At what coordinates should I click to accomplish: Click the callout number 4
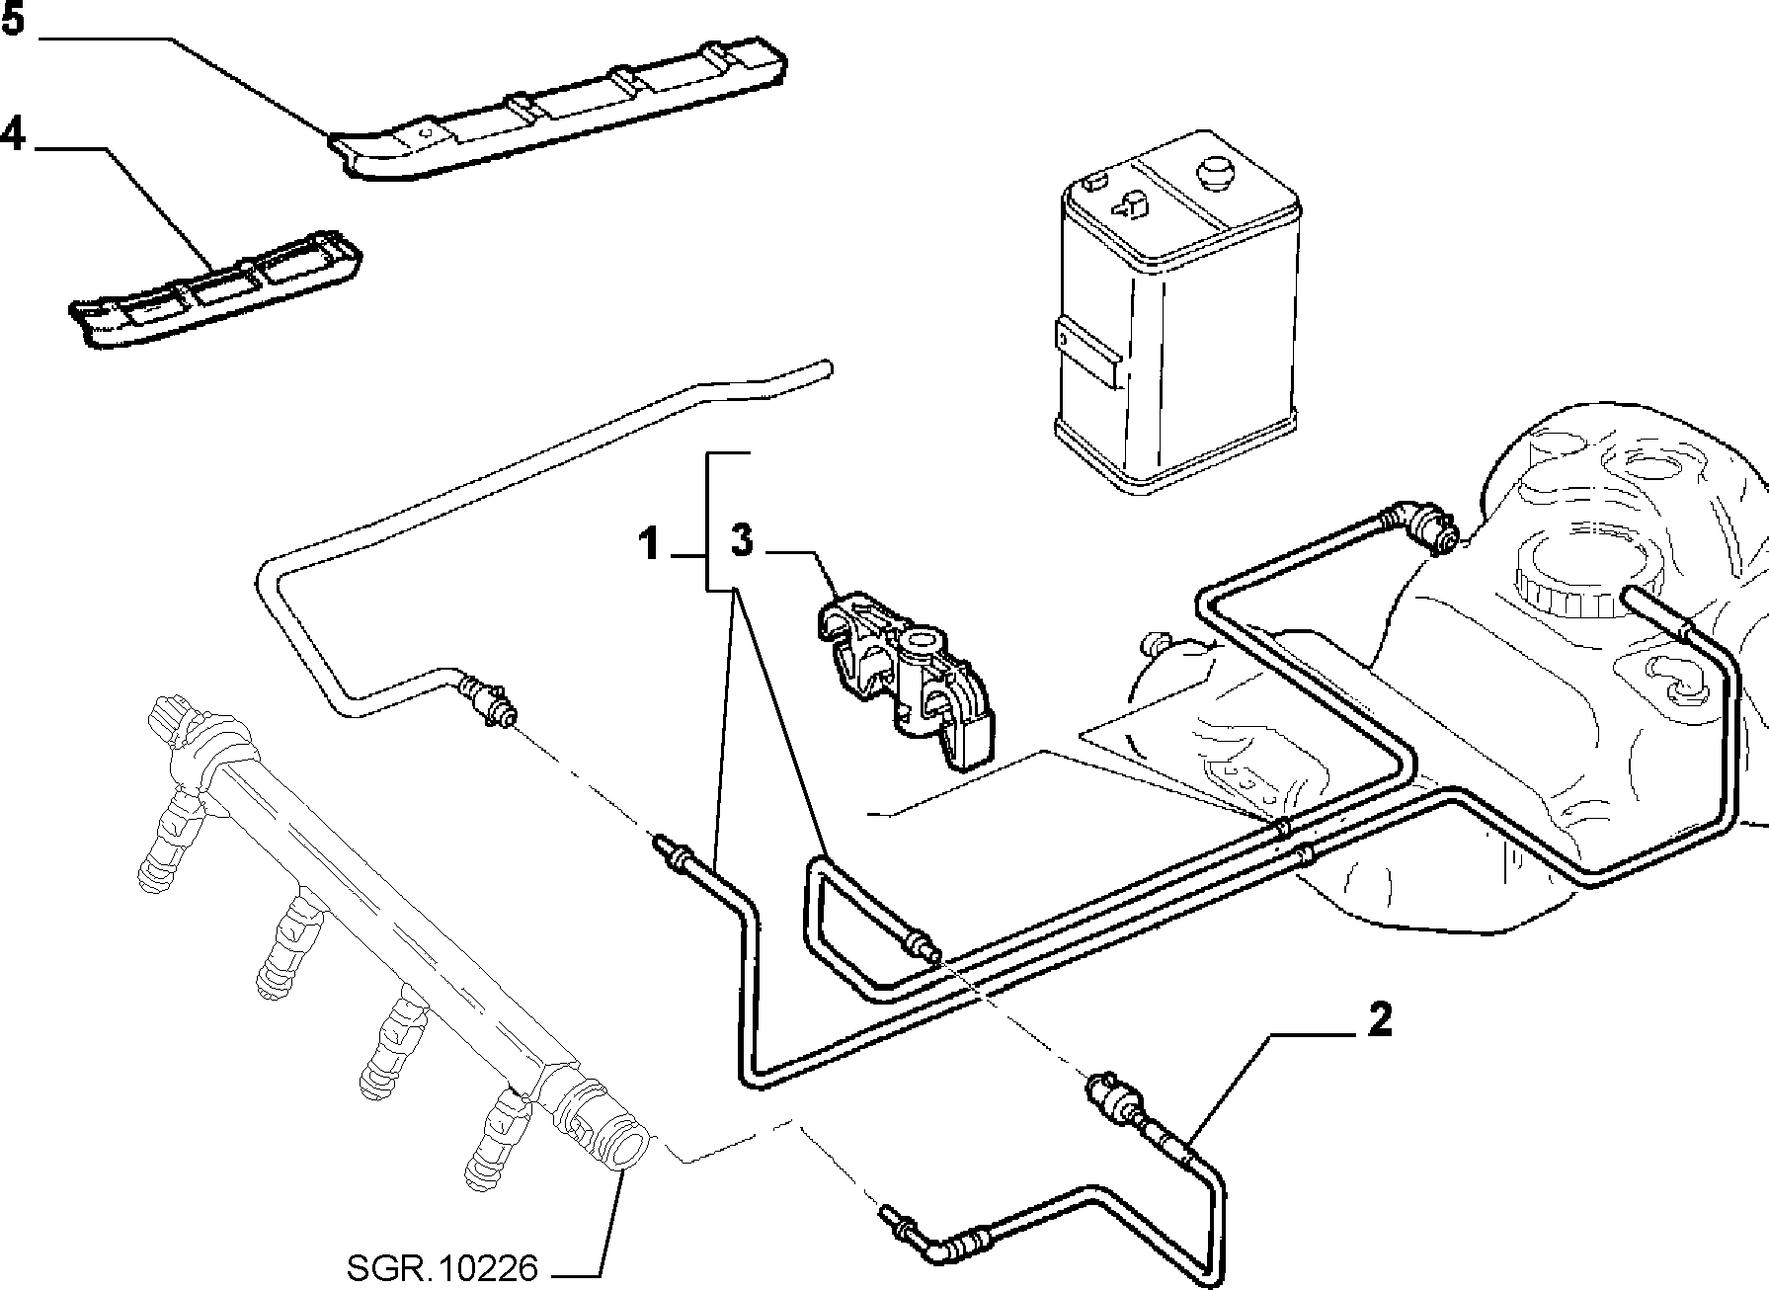13,131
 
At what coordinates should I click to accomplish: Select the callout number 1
649,543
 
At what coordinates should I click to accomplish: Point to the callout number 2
1379,1020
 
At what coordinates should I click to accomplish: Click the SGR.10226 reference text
442,1267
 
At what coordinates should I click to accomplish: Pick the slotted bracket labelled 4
215,290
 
